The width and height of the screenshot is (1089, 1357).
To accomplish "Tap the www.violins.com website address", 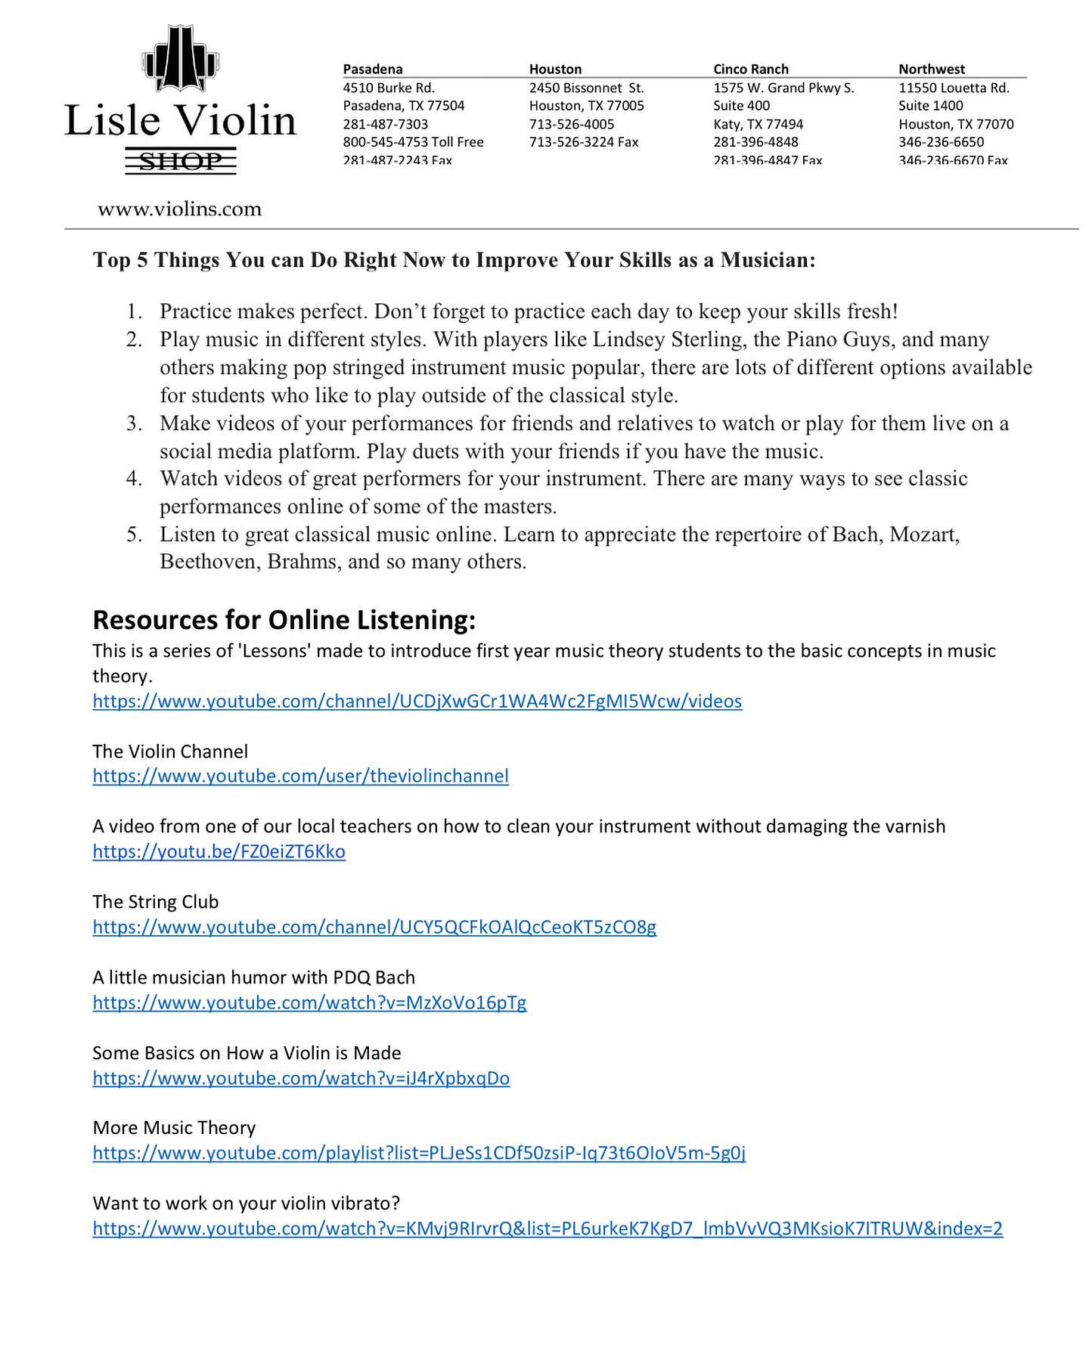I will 179,209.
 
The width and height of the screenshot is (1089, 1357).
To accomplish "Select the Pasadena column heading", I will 373,69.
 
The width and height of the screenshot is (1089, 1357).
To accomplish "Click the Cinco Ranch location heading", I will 750,69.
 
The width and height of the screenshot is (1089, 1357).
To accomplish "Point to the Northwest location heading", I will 932,69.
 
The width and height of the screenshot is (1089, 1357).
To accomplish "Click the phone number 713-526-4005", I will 572,124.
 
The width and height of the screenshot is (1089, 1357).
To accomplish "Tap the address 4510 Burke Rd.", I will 389,88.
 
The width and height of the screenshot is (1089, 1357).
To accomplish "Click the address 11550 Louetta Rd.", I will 954,88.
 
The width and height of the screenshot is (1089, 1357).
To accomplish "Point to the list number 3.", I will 134,423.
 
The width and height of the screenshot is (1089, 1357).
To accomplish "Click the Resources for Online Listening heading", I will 284,620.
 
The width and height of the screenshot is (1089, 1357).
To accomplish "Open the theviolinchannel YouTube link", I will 300,776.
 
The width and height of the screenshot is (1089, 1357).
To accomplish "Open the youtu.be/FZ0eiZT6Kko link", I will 219,851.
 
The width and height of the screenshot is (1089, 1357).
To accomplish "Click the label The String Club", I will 155,902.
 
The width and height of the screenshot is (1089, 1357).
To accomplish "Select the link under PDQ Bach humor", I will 309,1002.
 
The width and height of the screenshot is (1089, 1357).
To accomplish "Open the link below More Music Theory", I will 419,1153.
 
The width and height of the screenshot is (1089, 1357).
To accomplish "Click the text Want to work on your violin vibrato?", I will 246,1203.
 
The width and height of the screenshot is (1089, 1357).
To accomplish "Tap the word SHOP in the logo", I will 181,161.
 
